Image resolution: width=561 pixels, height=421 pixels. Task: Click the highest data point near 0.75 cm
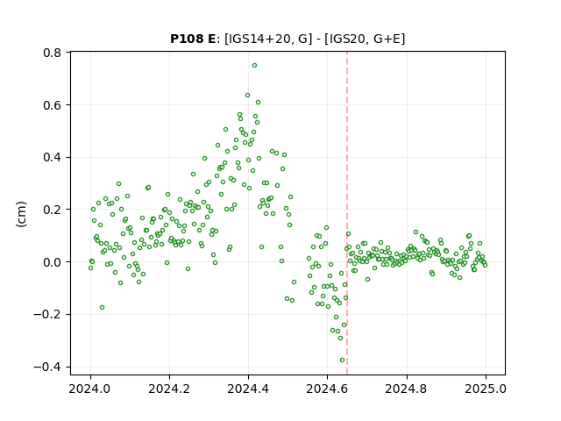point(254,66)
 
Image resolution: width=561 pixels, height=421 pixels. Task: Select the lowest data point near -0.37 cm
point(342,360)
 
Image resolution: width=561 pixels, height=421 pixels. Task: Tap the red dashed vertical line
point(347,213)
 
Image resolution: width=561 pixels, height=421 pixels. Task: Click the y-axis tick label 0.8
point(53,53)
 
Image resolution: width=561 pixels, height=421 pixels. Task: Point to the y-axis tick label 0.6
point(53,105)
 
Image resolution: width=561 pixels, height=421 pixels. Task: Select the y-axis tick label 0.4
point(53,158)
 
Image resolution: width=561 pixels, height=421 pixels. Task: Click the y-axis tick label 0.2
point(53,210)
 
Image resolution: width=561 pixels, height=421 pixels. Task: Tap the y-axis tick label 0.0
point(53,262)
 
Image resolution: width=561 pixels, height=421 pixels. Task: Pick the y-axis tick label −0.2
point(47,315)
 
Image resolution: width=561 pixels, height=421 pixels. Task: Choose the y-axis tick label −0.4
point(47,367)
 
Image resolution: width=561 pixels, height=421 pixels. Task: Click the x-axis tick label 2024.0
point(90,389)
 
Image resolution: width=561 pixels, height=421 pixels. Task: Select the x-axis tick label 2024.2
point(169,389)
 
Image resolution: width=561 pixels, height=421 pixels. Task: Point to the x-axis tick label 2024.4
point(248,389)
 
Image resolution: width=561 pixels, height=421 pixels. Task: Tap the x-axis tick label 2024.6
point(327,389)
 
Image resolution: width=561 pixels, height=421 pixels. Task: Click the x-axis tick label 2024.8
point(407,389)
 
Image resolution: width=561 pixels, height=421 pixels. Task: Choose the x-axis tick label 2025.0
point(486,389)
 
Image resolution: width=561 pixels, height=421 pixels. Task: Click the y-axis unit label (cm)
point(21,214)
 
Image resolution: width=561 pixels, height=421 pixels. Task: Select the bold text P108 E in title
point(193,39)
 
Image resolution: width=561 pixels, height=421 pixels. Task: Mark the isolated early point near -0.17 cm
point(102,308)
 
